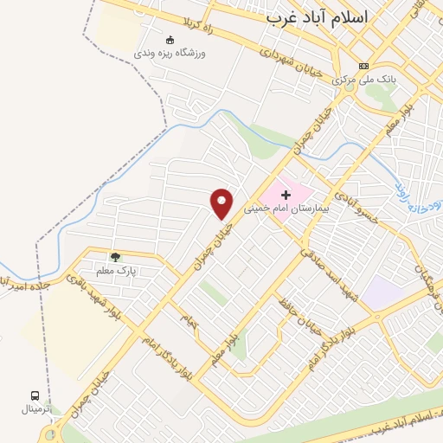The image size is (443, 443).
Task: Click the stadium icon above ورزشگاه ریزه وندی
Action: [x=170, y=39]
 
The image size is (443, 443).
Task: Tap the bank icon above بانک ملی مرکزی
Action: [x=363, y=66]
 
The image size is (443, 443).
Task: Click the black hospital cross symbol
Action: [x=286, y=196]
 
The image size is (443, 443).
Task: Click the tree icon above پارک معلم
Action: [x=115, y=257]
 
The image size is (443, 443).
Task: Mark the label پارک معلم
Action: [x=117, y=271]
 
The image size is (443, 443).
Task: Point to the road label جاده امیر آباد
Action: [x=35, y=284]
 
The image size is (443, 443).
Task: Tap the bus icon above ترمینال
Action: [x=35, y=395]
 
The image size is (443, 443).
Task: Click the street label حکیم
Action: [x=189, y=321]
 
